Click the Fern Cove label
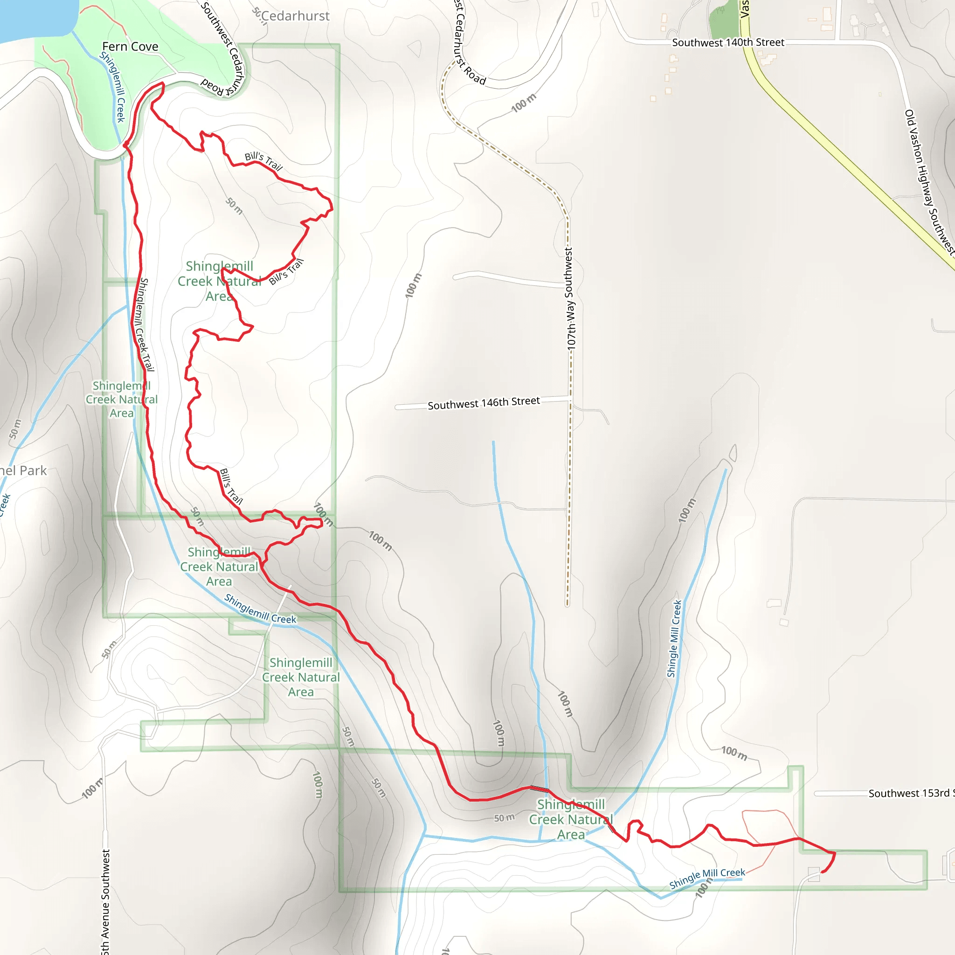pos(130,47)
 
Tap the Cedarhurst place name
pos(295,16)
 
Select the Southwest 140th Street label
pos(727,42)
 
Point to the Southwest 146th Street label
pos(484,403)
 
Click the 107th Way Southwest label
pos(569,299)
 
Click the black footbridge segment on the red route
pos(540,789)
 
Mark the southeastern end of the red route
pos(822,872)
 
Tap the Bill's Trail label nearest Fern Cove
pos(263,161)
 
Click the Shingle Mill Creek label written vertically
pos(674,639)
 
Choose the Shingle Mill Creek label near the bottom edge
pos(707,879)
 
